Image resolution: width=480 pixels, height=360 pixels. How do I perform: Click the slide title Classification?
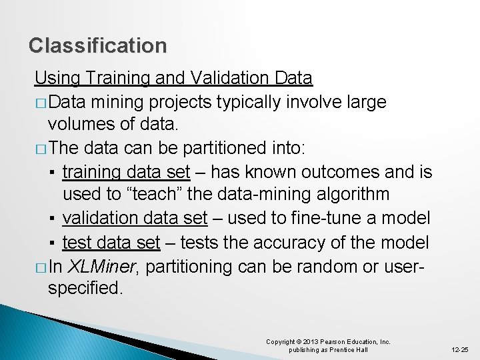tap(98, 45)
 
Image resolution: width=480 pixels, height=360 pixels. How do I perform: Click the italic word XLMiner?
tap(103, 267)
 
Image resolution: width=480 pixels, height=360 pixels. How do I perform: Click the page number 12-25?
tap(459, 349)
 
